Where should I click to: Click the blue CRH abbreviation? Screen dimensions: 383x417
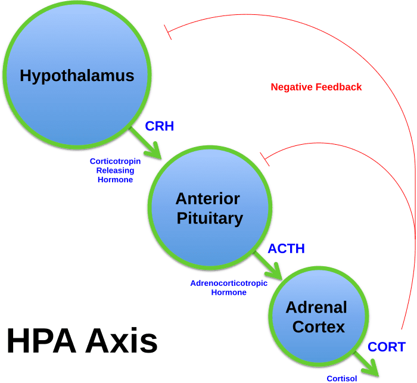pyautogui.click(x=159, y=126)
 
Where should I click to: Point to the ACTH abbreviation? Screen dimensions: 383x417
pyautogui.click(x=286, y=249)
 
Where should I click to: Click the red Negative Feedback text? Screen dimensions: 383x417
pyautogui.click(x=316, y=87)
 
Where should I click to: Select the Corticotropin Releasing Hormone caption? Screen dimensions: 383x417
pyautogui.click(x=116, y=170)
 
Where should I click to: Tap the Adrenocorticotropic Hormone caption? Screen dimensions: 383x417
pyautogui.click(x=229, y=288)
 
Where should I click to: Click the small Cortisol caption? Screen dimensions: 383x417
pyautogui.click(x=342, y=378)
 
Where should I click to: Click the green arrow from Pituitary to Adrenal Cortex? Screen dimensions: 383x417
pyautogui.click(x=269, y=266)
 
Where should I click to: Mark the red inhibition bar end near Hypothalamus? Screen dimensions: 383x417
pyautogui.click(x=169, y=33)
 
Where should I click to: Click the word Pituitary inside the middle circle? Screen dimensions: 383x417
pyautogui.click(x=210, y=218)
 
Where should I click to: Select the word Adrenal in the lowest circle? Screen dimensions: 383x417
pyautogui.click(x=316, y=308)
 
